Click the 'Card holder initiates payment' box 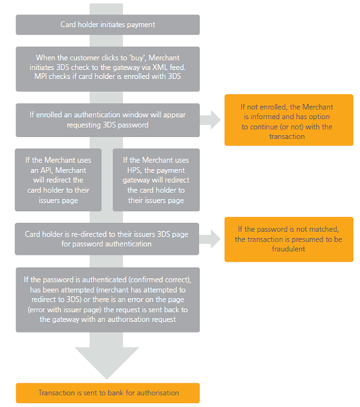pyautogui.click(x=108, y=25)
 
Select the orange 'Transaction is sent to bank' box pyautogui.click(x=108, y=392)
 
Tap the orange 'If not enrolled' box pyautogui.click(x=289, y=120)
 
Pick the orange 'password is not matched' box pyautogui.click(x=289, y=239)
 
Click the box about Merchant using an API pyautogui.click(x=58, y=180)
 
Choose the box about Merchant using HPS pyautogui.click(x=156, y=180)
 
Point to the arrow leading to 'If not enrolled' pyautogui.click(x=210, y=120)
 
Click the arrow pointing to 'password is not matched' pyautogui.click(x=210, y=239)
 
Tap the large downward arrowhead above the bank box pyautogui.click(x=107, y=363)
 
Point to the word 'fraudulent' pyautogui.click(x=289, y=249)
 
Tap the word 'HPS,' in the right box pyautogui.click(x=134, y=170)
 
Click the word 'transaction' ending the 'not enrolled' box pyautogui.click(x=287, y=136)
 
